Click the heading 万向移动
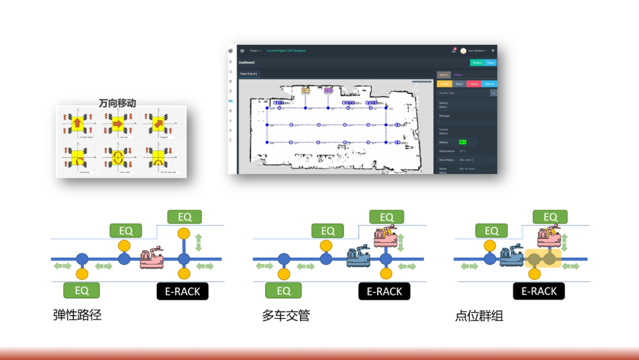(x=117, y=103)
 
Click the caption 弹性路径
(x=78, y=315)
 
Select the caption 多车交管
(x=286, y=316)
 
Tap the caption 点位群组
(x=479, y=316)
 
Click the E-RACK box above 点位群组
(x=539, y=291)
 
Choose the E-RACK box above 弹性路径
(x=182, y=291)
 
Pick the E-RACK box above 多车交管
(x=385, y=291)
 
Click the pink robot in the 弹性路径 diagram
(x=151, y=258)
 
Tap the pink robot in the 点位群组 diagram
(x=548, y=236)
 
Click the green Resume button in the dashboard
(x=477, y=62)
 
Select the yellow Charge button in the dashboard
(x=444, y=84)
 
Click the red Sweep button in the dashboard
(x=474, y=84)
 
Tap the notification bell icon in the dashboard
(x=453, y=51)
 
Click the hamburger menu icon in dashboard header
(x=242, y=51)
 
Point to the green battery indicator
(x=463, y=142)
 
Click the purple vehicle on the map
(x=328, y=91)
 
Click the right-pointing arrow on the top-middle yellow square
(x=117, y=123)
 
